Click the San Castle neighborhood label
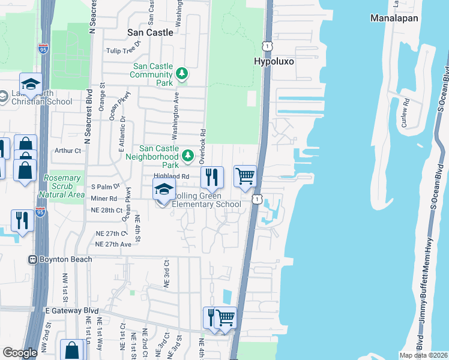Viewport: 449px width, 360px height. coord(151,32)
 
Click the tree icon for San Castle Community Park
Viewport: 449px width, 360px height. coord(182,74)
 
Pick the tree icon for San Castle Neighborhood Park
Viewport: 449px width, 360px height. coord(188,156)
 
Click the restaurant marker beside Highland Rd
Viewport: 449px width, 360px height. coord(211,177)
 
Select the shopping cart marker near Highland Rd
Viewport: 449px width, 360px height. coord(245,176)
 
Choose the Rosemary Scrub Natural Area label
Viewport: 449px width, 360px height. coord(62,186)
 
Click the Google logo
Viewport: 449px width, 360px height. coord(20,353)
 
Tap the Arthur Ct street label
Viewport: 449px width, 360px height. coord(67,151)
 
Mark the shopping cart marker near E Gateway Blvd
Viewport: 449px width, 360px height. coord(225,317)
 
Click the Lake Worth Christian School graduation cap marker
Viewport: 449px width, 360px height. coord(31,83)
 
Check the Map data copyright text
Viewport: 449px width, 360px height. coord(423,355)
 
